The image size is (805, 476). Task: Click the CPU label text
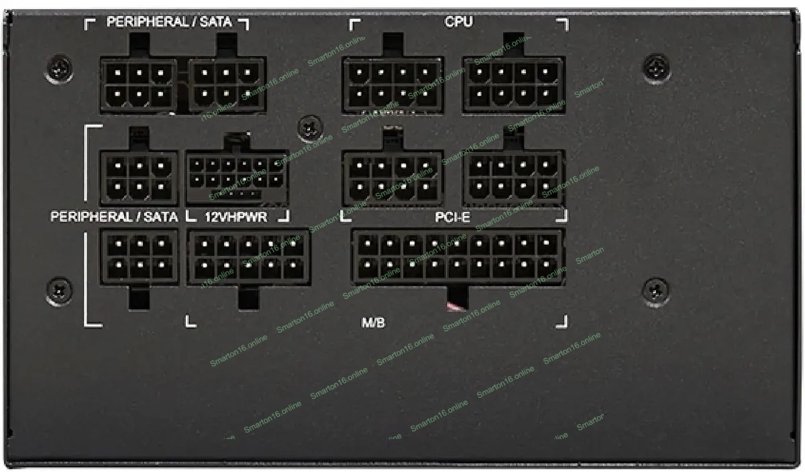[458, 22]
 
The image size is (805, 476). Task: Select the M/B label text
[373, 322]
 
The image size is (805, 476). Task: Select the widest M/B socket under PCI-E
[458, 257]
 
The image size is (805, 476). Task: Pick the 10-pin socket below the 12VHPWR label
[248, 257]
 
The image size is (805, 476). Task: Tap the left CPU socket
[392, 84]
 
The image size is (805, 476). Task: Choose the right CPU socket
[513, 84]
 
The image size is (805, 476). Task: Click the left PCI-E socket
[392, 178]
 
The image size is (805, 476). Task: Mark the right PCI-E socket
[513, 178]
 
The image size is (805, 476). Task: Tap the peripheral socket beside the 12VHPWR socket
[139, 178]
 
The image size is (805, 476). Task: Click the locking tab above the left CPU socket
[392, 46]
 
